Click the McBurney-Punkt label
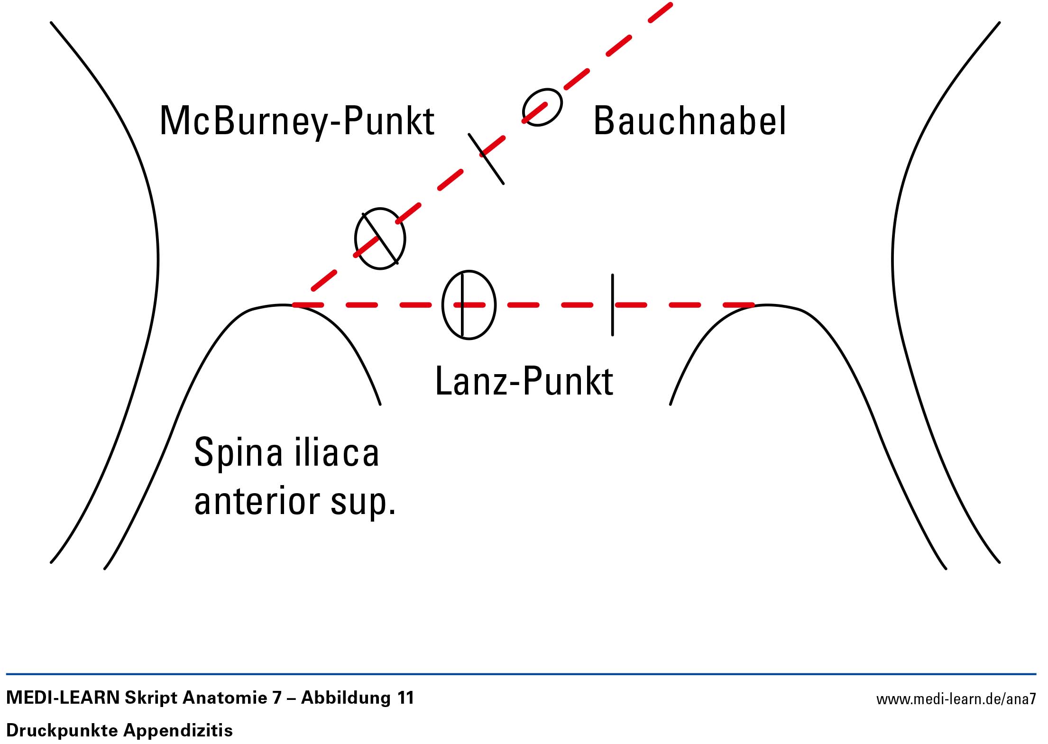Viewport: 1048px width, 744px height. tap(297, 121)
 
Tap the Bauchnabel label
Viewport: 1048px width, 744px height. tap(689, 121)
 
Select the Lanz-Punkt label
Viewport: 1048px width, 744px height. tap(524, 381)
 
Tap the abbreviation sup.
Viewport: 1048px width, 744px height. tap(363, 503)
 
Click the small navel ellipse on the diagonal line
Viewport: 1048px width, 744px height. tap(542, 107)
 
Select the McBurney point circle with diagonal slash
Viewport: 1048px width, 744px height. tap(380, 239)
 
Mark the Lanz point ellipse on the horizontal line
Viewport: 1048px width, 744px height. tap(469, 305)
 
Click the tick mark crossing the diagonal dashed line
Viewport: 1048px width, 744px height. tap(486, 158)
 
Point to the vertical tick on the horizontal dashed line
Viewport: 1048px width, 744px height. tap(612, 305)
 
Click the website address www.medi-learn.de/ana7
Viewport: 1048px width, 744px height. tap(956, 699)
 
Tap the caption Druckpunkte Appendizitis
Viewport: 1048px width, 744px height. tap(120, 730)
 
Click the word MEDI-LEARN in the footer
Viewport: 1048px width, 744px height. tap(63, 698)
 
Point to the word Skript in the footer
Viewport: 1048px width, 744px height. tap(150, 698)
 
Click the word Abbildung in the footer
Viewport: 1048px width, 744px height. tap(346, 698)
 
